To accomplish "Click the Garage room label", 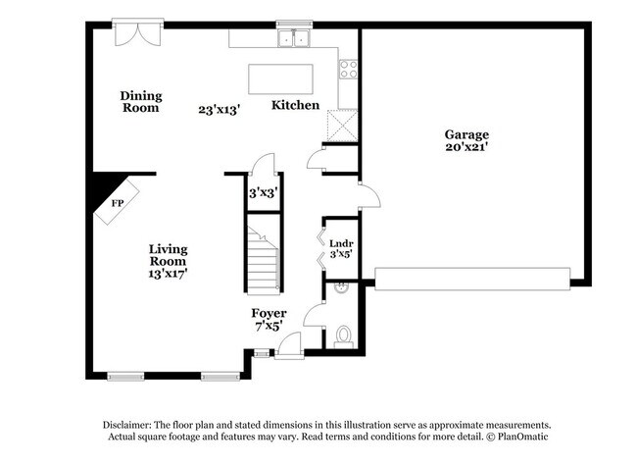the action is [x=466, y=134].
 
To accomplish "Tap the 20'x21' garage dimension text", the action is [x=466, y=147].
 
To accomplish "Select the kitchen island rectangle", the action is [x=280, y=78].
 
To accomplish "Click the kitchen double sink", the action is [x=294, y=38].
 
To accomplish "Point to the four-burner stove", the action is [x=349, y=69].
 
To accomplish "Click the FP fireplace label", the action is [x=118, y=203].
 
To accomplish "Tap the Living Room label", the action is [x=168, y=255].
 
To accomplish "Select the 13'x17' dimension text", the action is [x=168, y=274].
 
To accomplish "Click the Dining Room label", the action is [x=141, y=102].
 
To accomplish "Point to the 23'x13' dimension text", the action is [x=220, y=110].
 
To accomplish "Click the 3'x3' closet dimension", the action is [x=264, y=192].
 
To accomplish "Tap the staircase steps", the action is [x=264, y=259].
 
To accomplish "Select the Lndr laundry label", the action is [x=341, y=243].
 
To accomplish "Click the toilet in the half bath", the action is [x=344, y=336].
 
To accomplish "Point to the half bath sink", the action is [x=340, y=288].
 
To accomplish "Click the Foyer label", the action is [x=269, y=313].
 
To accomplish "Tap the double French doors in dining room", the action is [x=138, y=34].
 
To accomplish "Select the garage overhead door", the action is [x=472, y=279].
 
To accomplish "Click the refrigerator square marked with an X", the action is [x=342, y=126].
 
